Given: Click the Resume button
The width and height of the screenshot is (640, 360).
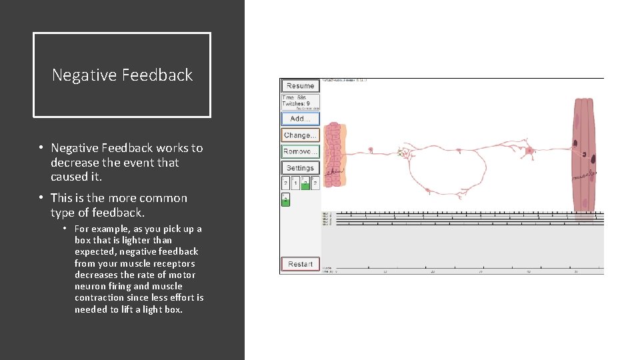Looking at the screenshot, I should point(300,86).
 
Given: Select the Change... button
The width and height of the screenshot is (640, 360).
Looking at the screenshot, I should point(300,135).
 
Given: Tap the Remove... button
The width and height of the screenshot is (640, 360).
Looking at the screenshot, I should point(300,151).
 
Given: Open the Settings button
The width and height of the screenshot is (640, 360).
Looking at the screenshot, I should point(300,168).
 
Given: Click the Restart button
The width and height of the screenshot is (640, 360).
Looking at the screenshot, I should point(300,264).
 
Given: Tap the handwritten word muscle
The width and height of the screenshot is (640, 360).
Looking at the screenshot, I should point(584,176).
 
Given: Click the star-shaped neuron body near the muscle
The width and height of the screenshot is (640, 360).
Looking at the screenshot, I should point(531,150).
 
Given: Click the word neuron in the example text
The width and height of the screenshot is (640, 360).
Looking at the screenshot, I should point(89,286).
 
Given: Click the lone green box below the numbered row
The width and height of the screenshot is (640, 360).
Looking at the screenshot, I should point(285,200).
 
